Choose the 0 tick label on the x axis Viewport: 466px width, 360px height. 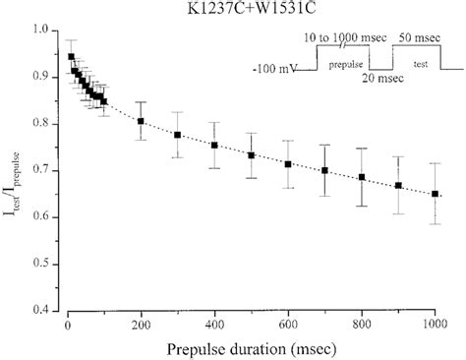(x=67, y=325)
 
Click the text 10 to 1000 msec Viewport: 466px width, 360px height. (x=343, y=36)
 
